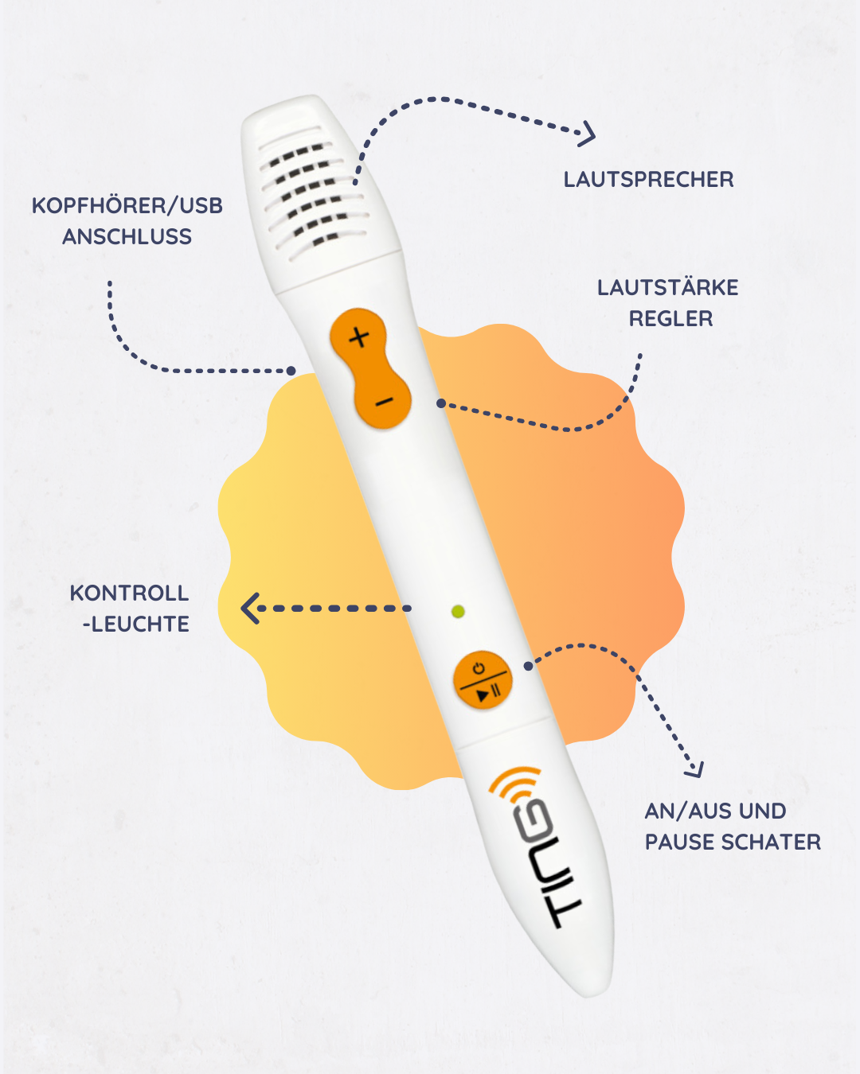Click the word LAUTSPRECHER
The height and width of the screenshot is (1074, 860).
(x=648, y=180)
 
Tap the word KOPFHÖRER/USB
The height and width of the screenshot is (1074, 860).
(x=127, y=206)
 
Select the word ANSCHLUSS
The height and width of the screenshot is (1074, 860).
(x=127, y=237)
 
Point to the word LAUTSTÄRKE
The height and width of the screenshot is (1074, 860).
(x=667, y=288)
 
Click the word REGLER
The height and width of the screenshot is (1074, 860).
(x=670, y=319)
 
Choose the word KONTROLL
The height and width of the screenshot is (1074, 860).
(x=129, y=593)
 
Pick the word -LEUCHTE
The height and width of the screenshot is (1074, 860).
(x=136, y=625)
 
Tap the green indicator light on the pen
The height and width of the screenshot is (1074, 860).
(x=458, y=612)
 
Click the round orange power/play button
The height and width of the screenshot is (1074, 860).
(x=483, y=681)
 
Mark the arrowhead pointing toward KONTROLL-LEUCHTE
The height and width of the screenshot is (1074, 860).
(x=250, y=609)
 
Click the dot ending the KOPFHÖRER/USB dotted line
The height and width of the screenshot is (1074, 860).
(x=291, y=371)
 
